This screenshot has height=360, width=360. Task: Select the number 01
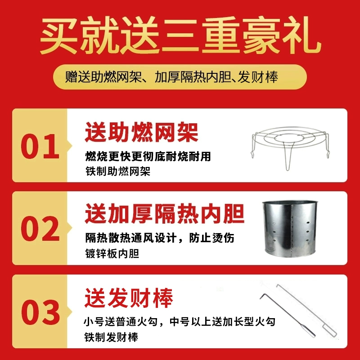(40, 146)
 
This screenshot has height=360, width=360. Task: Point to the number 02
(40, 229)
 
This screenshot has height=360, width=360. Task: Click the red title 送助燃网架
(141, 133)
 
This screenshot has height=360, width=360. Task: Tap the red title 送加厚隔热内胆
(164, 215)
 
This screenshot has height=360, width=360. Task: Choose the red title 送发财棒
(129, 298)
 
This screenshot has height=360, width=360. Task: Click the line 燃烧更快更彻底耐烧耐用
(148, 156)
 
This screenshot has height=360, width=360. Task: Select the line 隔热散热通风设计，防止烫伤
(160, 238)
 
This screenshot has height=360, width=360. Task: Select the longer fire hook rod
(306, 310)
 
